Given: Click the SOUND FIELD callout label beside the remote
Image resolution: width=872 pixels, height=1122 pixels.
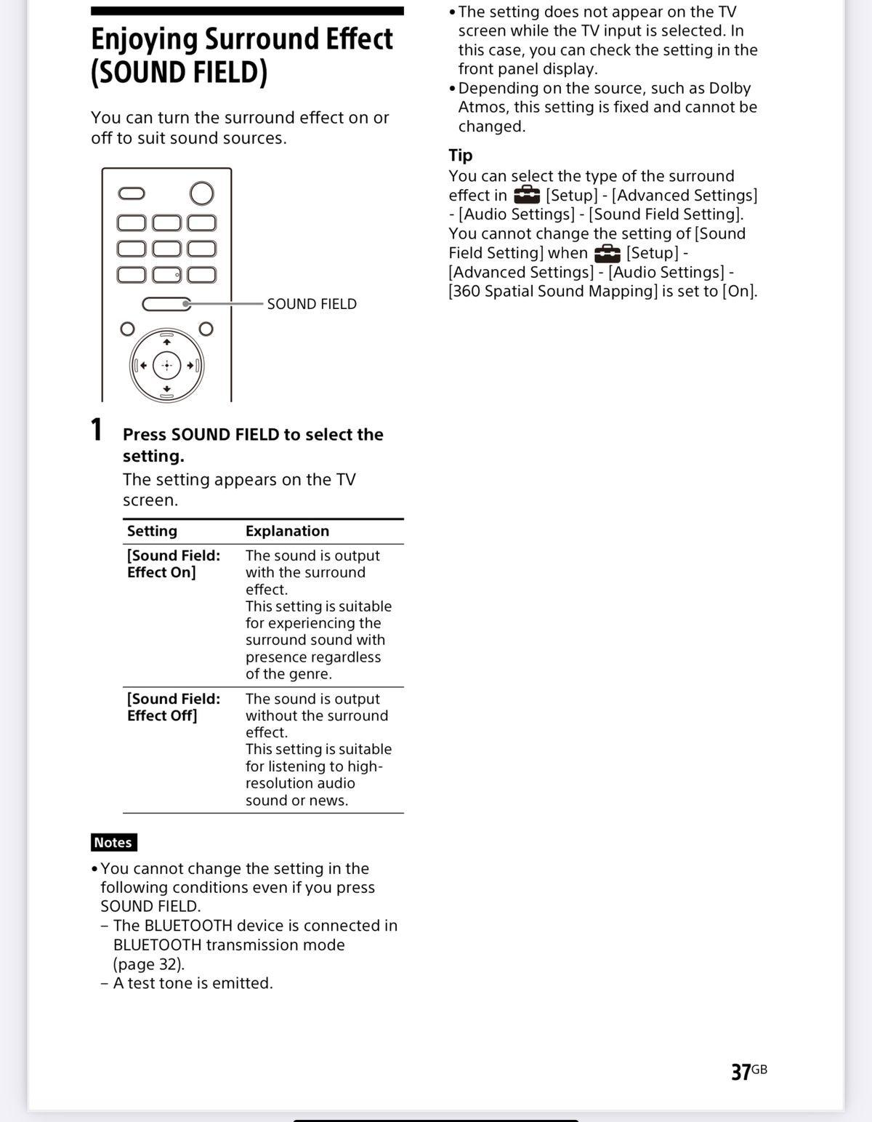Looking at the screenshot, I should pyautogui.click(x=312, y=304).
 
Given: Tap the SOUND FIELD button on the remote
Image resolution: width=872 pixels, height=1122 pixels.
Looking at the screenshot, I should pyautogui.click(x=166, y=304).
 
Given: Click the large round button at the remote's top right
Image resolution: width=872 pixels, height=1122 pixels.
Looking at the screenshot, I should pyautogui.click(x=201, y=193).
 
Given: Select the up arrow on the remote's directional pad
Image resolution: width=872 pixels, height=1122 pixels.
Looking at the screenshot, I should pyautogui.click(x=166, y=342).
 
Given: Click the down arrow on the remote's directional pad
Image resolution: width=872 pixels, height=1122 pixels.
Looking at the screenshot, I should pyautogui.click(x=166, y=389).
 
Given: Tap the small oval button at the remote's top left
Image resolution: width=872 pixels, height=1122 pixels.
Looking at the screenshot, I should pyautogui.click(x=132, y=193).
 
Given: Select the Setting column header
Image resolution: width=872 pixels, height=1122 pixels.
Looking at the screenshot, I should pyautogui.click(x=152, y=531).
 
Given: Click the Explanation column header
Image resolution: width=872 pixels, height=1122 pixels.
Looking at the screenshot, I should pyautogui.click(x=287, y=531).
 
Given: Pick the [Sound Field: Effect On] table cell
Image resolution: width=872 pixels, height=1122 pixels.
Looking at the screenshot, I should pyautogui.click(x=173, y=564).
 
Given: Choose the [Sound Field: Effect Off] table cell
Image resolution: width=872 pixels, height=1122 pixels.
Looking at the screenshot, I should pyautogui.click(x=173, y=707).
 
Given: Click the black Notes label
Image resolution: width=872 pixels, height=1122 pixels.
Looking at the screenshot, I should pyautogui.click(x=113, y=842).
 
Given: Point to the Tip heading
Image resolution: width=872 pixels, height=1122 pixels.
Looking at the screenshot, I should pyautogui.click(x=461, y=155).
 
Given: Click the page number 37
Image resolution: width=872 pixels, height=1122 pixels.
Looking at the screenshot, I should pyautogui.click(x=741, y=1072).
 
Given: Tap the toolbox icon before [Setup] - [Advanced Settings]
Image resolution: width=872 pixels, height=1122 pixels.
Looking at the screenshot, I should pyautogui.click(x=527, y=195).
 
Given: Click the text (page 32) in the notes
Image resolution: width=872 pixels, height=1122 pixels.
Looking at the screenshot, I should pyautogui.click(x=149, y=964).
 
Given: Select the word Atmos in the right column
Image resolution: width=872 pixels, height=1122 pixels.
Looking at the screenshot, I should pyautogui.click(x=483, y=107).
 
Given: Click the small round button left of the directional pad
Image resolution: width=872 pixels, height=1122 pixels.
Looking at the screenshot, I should pyautogui.click(x=127, y=329).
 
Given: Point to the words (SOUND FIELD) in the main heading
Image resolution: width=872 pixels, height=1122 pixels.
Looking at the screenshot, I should pyautogui.click(x=179, y=73).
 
